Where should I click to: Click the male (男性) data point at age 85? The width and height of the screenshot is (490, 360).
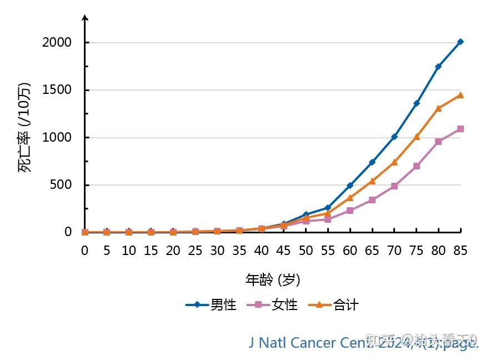[461, 42]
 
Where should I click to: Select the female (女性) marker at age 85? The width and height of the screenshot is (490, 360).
[461, 129]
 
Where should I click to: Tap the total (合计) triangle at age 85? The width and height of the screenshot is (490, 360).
[461, 95]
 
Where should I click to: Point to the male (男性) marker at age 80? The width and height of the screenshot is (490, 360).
[438, 66]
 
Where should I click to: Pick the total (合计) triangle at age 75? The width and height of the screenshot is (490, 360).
[417, 136]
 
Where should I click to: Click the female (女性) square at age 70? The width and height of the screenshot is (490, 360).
[394, 186]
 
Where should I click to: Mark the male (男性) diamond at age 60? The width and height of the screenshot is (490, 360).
[350, 186]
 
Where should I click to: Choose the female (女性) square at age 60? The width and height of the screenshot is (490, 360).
[350, 211]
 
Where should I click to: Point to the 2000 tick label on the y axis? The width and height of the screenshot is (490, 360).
[57, 43]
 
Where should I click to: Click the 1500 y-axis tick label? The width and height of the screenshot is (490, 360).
[57, 90]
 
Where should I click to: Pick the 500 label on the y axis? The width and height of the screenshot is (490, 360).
[61, 185]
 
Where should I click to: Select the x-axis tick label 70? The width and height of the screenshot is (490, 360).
[394, 251]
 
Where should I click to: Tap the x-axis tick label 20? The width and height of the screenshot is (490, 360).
[173, 251]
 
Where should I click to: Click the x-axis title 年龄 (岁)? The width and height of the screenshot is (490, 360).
[272, 279]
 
